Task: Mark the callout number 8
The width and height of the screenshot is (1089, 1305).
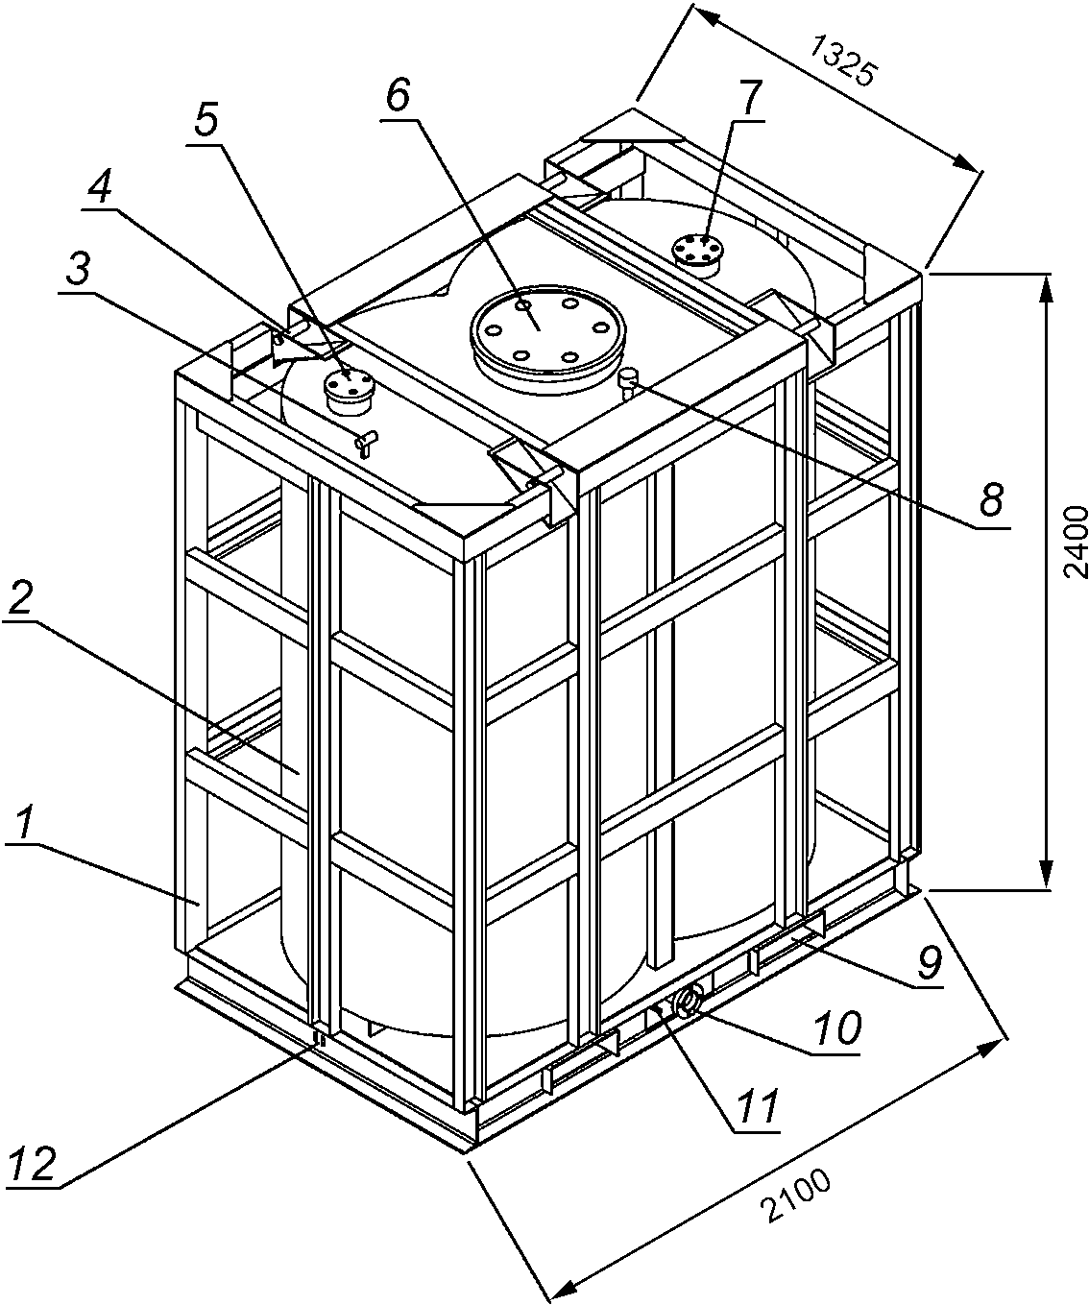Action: (x=991, y=499)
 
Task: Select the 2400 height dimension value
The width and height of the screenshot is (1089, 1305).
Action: (x=1076, y=542)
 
